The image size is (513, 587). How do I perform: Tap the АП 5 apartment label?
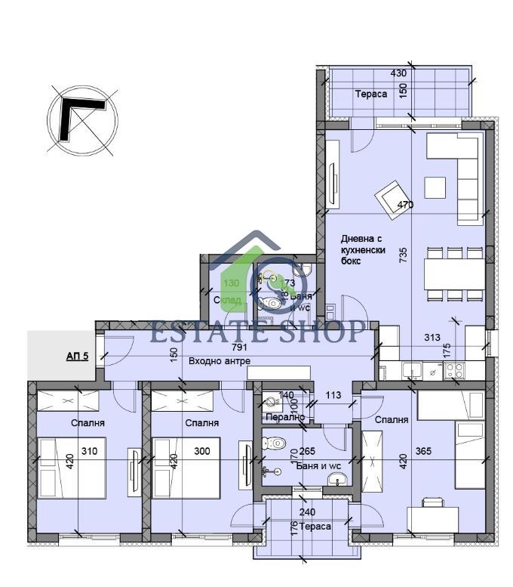tap(77, 355)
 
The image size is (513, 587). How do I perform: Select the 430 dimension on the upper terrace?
tap(399, 73)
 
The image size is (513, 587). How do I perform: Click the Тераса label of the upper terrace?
tap(371, 94)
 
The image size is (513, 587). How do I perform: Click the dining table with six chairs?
tap(453, 274)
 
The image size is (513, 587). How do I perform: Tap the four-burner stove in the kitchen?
tap(455, 370)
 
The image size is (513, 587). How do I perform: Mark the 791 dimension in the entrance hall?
tap(240, 348)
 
